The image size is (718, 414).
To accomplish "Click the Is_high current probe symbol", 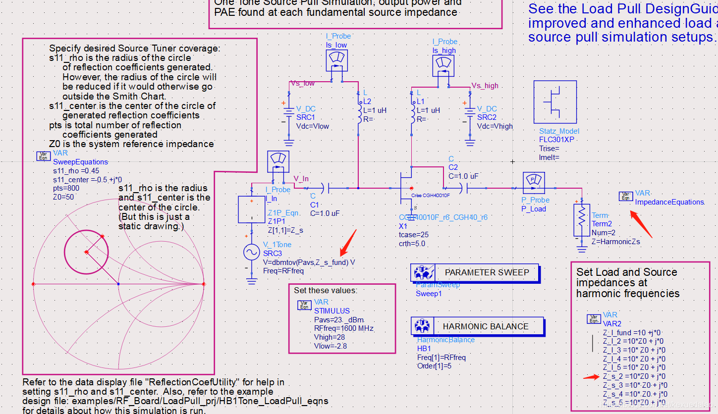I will (x=444, y=65).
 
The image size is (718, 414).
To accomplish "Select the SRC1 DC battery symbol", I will (x=289, y=117).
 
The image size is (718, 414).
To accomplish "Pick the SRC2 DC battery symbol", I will (x=470, y=117).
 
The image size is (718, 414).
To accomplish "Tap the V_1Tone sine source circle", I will (x=252, y=253).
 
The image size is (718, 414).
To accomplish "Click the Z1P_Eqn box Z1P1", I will (x=252, y=209).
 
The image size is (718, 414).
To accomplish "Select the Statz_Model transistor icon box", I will (x=555, y=102).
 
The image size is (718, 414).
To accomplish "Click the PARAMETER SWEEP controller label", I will (x=486, y=272).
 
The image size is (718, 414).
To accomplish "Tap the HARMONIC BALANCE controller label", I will (x=485, y=326).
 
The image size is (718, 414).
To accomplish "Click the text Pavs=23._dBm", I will (x=339, y=319).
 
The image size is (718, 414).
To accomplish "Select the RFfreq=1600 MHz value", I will (x=344, y=328).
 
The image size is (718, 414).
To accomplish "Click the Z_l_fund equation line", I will (x=631, y=333).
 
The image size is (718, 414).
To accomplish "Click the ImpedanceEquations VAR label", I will (x=669, y=202).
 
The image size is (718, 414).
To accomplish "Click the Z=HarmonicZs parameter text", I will (x=616, y=242).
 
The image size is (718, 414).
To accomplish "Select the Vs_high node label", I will (x=485, y=86).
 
